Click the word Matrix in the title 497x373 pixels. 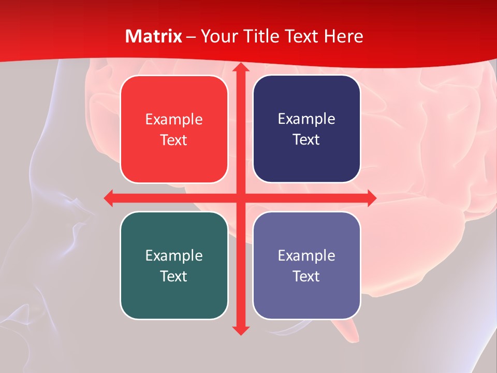point(153,36)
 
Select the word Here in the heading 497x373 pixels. point(343,36)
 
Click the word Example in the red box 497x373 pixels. point(174,120)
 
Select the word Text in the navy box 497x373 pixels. point(306,140)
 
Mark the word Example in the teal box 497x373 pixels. point(174,255)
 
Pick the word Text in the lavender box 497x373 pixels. point(306,276)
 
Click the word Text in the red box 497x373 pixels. point(174,140)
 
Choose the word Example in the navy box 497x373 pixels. point(306,119)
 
